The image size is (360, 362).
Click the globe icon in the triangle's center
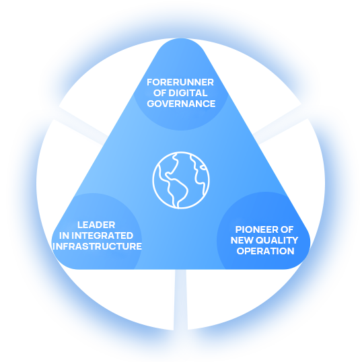(x=181, y=180)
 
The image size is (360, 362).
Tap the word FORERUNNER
(x=180, y=82)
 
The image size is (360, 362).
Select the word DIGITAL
(x=188, y=93)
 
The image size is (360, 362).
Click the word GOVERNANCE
(x=181, y=104)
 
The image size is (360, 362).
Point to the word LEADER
(x=96, y=225)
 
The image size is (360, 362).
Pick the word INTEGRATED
(x=102, y=236)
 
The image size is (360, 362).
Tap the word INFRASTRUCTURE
(x=97, y=246)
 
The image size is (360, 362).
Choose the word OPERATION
(x=266, y=251)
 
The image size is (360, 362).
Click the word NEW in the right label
(x=242, y=240)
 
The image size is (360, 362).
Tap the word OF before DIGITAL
(x=159, y=93)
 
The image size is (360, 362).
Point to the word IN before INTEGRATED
(x=64, y=236)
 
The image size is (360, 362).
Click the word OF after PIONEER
(x=287, y=229)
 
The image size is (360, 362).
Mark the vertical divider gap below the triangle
(x=180, y=299)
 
